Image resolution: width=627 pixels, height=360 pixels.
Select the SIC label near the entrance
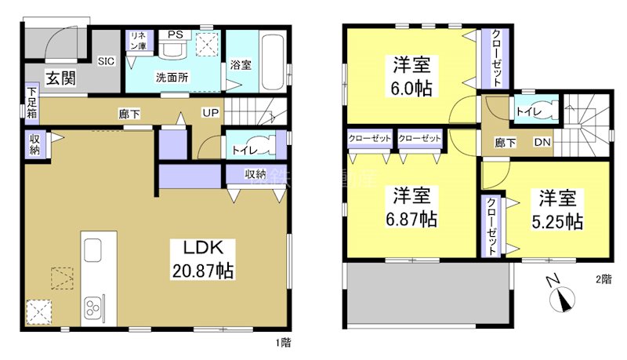click(106, 60)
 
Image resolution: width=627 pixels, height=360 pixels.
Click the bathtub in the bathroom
click(274, 62)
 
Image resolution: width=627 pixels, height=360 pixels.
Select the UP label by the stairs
click(211, 112)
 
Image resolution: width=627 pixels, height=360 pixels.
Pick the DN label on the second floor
click(542, 143)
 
